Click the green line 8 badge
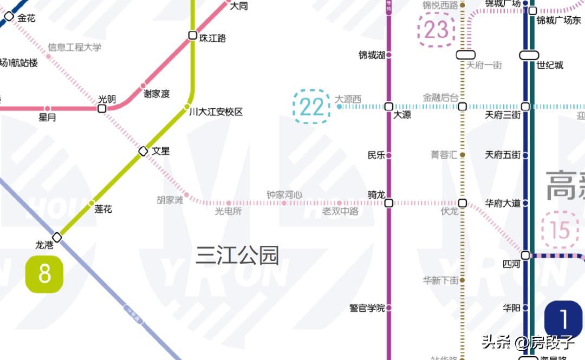(44, 274)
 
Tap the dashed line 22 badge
(311, 107)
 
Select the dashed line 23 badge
(436, 30)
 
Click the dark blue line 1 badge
(563, 319)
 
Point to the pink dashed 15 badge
(560, 230)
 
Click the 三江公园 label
(237, 255)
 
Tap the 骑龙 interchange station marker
(388, 204)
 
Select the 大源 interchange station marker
(388, 107)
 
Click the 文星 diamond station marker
(144, 151)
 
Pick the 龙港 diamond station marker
(57, 237)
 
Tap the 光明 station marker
(102, 109)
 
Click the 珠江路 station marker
(192, 36)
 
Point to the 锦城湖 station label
(372, 55)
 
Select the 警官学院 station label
(367, 308)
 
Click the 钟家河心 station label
(284, 194)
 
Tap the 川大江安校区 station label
(216, 112)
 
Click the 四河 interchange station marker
(525, 255)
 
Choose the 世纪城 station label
(550, 65)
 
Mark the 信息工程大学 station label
(75, 48)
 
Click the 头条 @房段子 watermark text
(528, 342)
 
